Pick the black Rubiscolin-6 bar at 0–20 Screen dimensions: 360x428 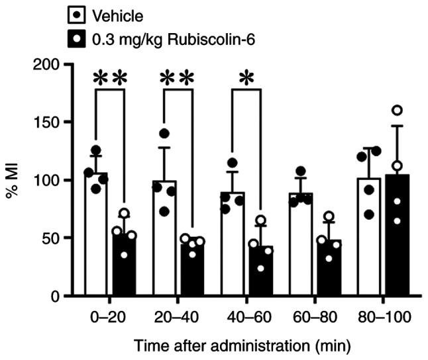pyautogui.click(x=123, y=265)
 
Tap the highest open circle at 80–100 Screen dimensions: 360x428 pyautogui.click(x=398, y=111)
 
